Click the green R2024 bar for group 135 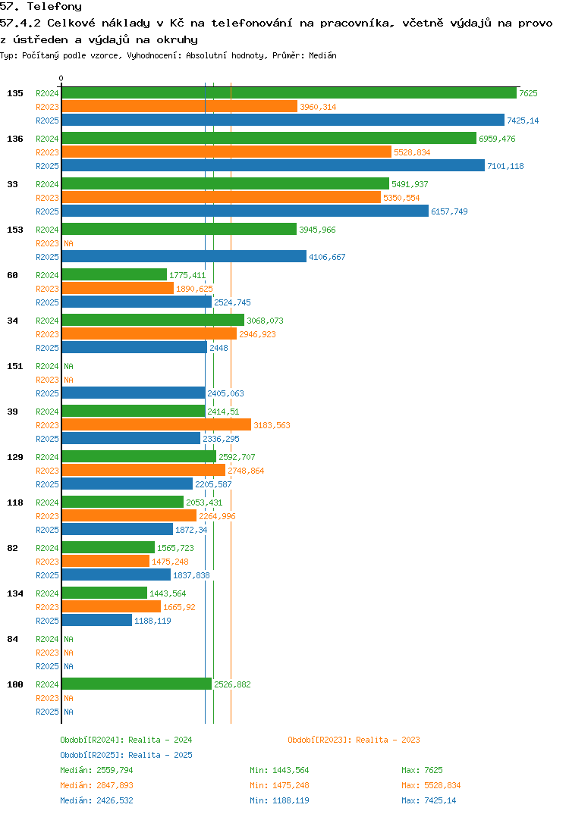pos(288,93)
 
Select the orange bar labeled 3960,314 pos(179,107)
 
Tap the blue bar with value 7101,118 pos(273,166)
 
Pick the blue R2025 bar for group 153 pos(184,257)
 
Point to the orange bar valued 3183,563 pos(156,425)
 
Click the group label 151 pos(14,366)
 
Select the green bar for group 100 pos(137,684)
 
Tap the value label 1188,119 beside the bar pos(152,621)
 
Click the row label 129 pos(14,457)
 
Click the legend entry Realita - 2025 pos(126,755)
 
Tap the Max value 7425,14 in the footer pos(429,800)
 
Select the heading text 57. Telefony pos(41,7)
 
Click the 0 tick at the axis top pos(61,78)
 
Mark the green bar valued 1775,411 pos(114,275)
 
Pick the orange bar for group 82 pos(105,562)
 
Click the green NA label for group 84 pos(68,639)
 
